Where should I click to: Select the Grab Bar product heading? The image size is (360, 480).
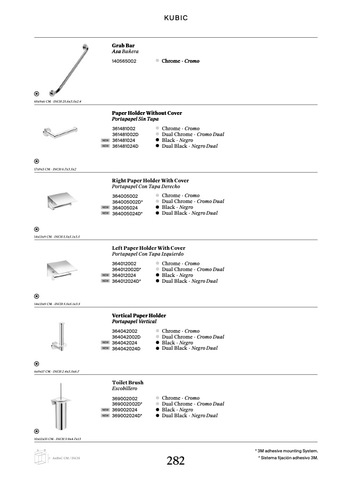(123, 46)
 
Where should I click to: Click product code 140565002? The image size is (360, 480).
(124, 61)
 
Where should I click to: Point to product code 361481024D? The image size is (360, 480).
(125, 146)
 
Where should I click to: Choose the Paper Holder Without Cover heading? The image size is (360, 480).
(147, 113)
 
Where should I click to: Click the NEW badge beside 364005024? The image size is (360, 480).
(105, 207)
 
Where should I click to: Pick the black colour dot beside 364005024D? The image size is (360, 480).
(157, 213)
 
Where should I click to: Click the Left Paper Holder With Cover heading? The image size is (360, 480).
(148, 248)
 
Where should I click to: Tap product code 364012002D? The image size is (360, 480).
(126, 270)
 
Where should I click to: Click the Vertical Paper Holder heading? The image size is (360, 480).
(139, 316)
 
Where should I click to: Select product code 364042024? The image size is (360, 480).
(124, 343)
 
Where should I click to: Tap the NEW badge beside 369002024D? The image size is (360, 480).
(105, 416)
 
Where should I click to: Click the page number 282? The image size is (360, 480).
(175, 461)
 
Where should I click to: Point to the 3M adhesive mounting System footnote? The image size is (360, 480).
(287, 451)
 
